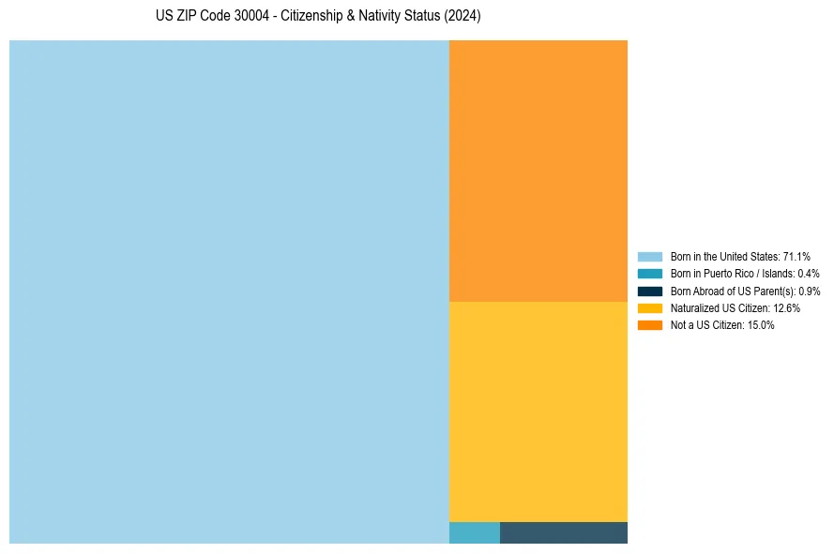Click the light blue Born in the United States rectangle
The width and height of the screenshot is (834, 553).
[229, 291]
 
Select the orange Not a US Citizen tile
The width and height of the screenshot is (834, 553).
[538, 171]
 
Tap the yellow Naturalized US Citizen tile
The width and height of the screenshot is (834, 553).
[538, 411]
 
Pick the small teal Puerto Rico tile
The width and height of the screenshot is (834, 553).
[474, 532]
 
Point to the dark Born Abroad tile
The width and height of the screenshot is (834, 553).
[563, 532]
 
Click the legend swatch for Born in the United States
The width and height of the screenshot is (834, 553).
[649, 256]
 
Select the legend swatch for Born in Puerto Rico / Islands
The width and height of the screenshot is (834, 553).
[649, 274]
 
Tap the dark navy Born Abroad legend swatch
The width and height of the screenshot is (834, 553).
[649, 291]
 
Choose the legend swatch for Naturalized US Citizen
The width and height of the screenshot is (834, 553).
[649, 308]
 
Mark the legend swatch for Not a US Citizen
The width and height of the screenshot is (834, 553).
[649, 325]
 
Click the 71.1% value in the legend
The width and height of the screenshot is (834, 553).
[796, 256]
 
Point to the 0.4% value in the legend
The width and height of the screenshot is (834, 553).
[808, 274]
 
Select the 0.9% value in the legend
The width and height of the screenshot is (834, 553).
[809, 291]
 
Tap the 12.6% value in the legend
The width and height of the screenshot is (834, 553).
[786, 308]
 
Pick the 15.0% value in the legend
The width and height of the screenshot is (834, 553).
[761, 325]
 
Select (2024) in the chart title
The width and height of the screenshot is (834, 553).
[463, 17]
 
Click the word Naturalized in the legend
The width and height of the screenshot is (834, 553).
[693, 308]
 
